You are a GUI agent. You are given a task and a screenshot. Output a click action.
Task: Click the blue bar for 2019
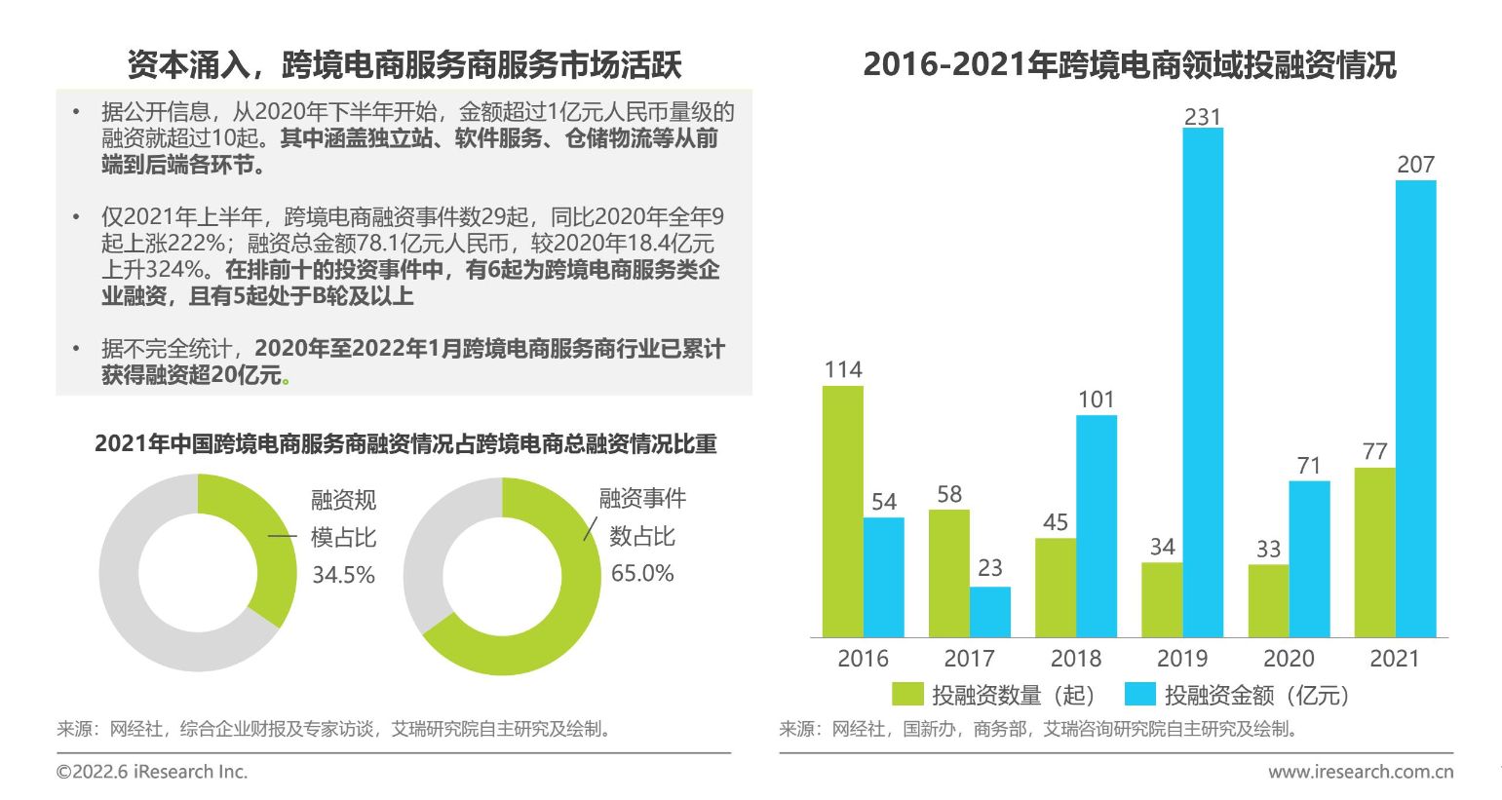point(1202,382)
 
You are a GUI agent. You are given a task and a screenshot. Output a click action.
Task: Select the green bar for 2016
point(842,512)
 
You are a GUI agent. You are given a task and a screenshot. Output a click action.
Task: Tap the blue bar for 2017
point(989,612)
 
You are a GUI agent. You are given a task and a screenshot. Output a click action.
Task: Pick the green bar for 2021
point(1374,552)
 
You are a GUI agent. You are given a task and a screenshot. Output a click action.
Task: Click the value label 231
point(1202,117)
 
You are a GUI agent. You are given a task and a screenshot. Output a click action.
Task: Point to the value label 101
point(1096,400)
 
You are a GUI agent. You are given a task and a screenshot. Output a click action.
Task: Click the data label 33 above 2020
point(1268,549)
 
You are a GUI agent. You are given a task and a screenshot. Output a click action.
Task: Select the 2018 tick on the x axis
point(1076,659)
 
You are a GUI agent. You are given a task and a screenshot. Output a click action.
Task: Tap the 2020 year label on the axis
point(1289,659)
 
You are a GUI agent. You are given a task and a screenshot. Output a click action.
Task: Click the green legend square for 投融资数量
point(907,694)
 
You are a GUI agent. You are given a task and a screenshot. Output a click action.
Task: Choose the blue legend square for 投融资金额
point(1139,694)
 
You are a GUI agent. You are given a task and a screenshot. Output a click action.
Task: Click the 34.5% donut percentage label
point(343,575)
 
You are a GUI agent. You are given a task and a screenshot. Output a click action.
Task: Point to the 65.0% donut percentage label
point(641,573)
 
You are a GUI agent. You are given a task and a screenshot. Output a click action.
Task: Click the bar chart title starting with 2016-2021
point(1129,65)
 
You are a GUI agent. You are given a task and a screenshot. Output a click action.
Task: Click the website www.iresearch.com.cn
point(1360,772)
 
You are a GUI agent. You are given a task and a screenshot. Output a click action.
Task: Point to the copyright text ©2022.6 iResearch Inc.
point(152,772)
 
